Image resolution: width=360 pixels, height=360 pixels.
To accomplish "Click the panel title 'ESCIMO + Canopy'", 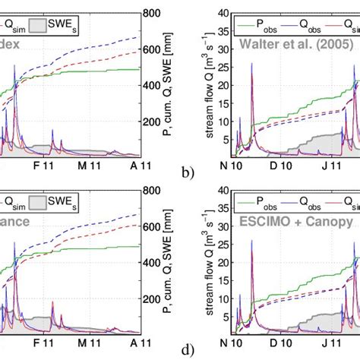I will click(x=292, y=223).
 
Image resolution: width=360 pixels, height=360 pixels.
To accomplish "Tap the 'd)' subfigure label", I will click(x=189, y=352).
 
